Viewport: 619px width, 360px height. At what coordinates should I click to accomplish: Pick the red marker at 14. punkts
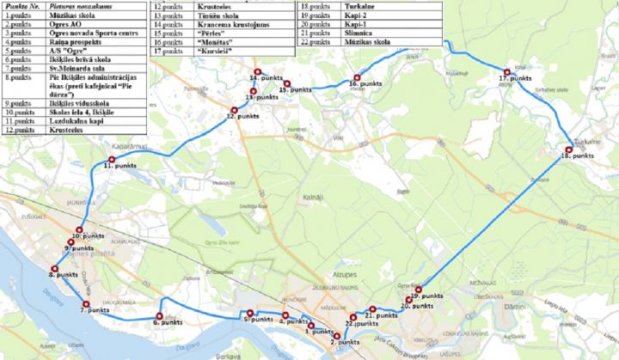pyautogui.click(x=255, y=70)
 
